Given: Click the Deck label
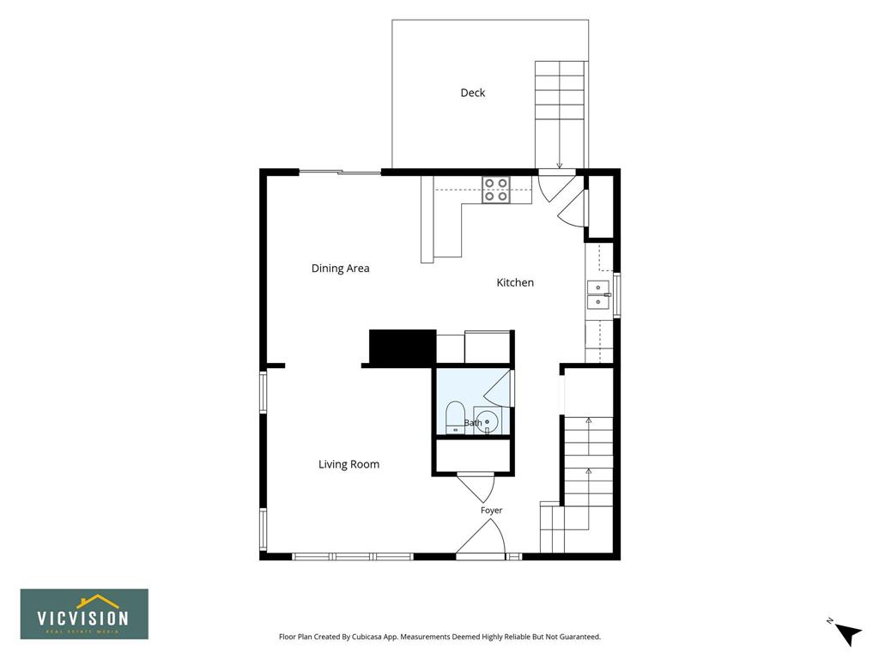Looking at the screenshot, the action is [473, 93].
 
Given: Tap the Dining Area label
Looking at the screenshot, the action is [340, 269].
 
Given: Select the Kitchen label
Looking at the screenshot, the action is [515, 282].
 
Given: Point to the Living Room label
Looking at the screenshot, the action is [349, 464].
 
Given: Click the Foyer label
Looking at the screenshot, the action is [491, 510].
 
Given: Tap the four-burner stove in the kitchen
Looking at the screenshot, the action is [496, 190].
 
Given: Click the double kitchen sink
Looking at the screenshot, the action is [598, 295].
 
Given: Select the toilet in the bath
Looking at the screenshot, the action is [455, 418].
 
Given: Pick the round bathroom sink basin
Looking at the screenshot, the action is [488, 421].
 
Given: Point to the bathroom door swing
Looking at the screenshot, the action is [498, 389].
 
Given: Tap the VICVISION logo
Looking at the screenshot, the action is [85, 614].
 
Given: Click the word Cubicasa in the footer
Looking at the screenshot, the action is [367, 637].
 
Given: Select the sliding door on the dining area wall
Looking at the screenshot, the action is [340, 172].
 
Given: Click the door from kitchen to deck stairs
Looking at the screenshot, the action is [555, 185].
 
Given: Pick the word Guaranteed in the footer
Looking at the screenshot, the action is [580, 637].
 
